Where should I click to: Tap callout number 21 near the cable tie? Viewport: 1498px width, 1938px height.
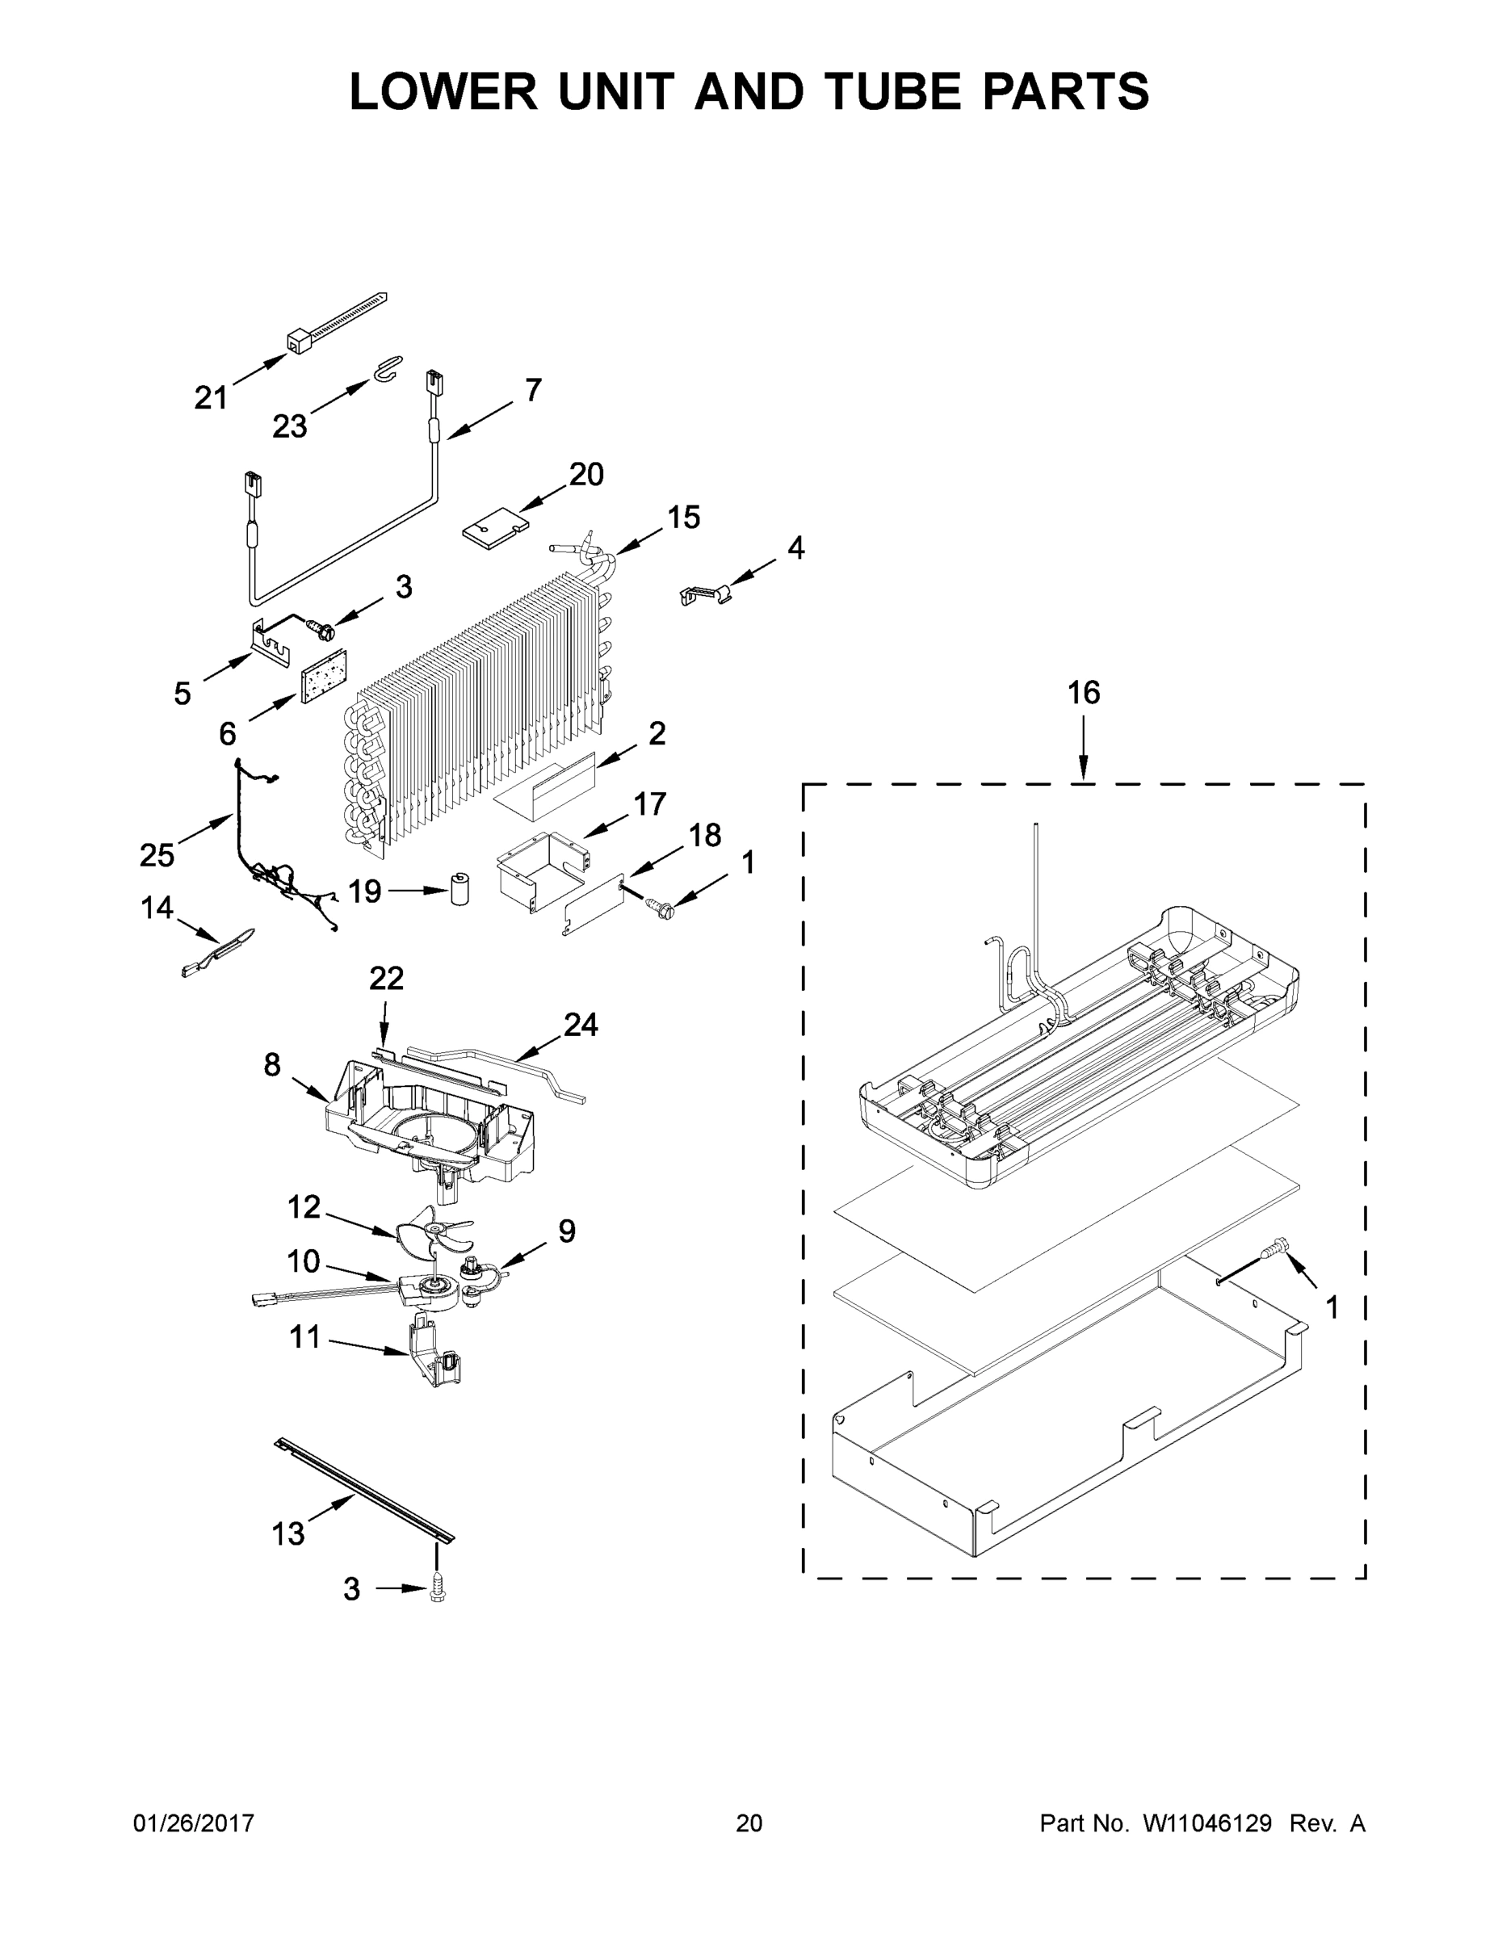[x=212, y=397]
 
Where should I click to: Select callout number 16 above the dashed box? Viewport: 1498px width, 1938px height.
[x=1083, y=692]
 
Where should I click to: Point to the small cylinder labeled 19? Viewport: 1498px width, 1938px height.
[x=459, y=889]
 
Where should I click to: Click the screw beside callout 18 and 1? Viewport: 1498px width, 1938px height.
[x=661, y=907]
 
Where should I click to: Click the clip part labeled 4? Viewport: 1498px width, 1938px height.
[x=707, y=593]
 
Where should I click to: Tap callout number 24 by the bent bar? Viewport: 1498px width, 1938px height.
[x=581, y=1025]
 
